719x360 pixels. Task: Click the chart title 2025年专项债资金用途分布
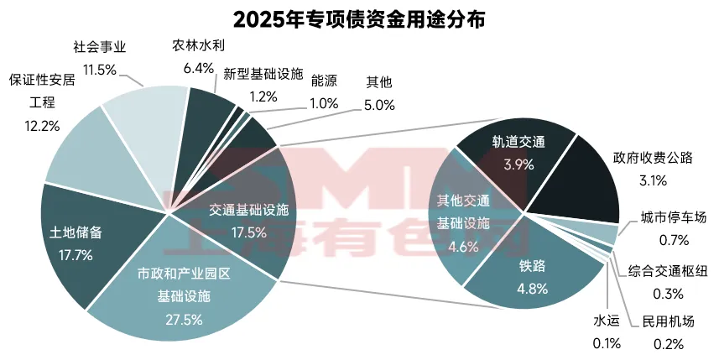pos(358,18)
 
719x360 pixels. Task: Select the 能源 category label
pos(323,81)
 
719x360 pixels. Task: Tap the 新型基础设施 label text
pos(263,76)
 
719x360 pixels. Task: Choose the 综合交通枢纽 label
pos(668,271)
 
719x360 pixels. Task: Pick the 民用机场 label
pos(668,322)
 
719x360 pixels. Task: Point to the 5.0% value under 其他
pos(377,103)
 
